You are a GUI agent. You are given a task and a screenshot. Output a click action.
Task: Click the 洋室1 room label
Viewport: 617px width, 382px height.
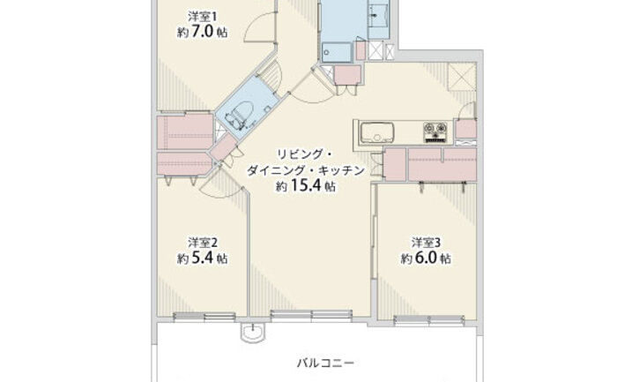click(x=202, y=17)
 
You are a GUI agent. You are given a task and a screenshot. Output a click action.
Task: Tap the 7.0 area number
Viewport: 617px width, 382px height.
click(x=203, y=33)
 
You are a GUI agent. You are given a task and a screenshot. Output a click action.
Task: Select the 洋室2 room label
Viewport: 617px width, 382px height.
click(x=202, y=242)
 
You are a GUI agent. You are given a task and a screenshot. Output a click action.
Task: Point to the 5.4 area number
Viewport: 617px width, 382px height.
click(x=203, y=258)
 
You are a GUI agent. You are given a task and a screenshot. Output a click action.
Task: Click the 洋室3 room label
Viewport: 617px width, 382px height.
click(x=426, y=242)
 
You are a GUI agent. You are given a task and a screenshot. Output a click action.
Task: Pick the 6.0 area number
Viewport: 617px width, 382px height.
click(x=426, y=258)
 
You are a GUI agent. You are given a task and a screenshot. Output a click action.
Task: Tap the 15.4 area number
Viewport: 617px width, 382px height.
click(x=305, y=185)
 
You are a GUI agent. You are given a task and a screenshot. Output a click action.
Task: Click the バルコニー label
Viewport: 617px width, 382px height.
click(x=325, y=363)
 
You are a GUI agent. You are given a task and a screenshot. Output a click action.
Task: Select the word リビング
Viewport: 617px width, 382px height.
click(x=294, y=154)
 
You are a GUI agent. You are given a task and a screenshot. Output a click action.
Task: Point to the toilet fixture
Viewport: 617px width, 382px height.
click(x=239, y=114)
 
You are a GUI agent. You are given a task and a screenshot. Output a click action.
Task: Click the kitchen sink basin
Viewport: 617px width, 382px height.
click(x=377, y=132)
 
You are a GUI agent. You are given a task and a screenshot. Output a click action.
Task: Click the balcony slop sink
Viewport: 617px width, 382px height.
click(x=252, y=333)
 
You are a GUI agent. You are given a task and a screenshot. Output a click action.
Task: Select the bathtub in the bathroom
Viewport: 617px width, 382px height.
click(x=337, y=52)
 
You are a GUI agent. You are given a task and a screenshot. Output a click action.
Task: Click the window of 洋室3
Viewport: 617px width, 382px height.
click(x=428, y=319)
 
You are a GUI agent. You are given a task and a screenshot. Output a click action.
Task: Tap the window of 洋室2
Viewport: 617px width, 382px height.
click(x=204, y=316)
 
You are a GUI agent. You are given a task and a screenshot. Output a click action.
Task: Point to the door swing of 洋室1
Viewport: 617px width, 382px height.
click(x=259, y=26)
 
